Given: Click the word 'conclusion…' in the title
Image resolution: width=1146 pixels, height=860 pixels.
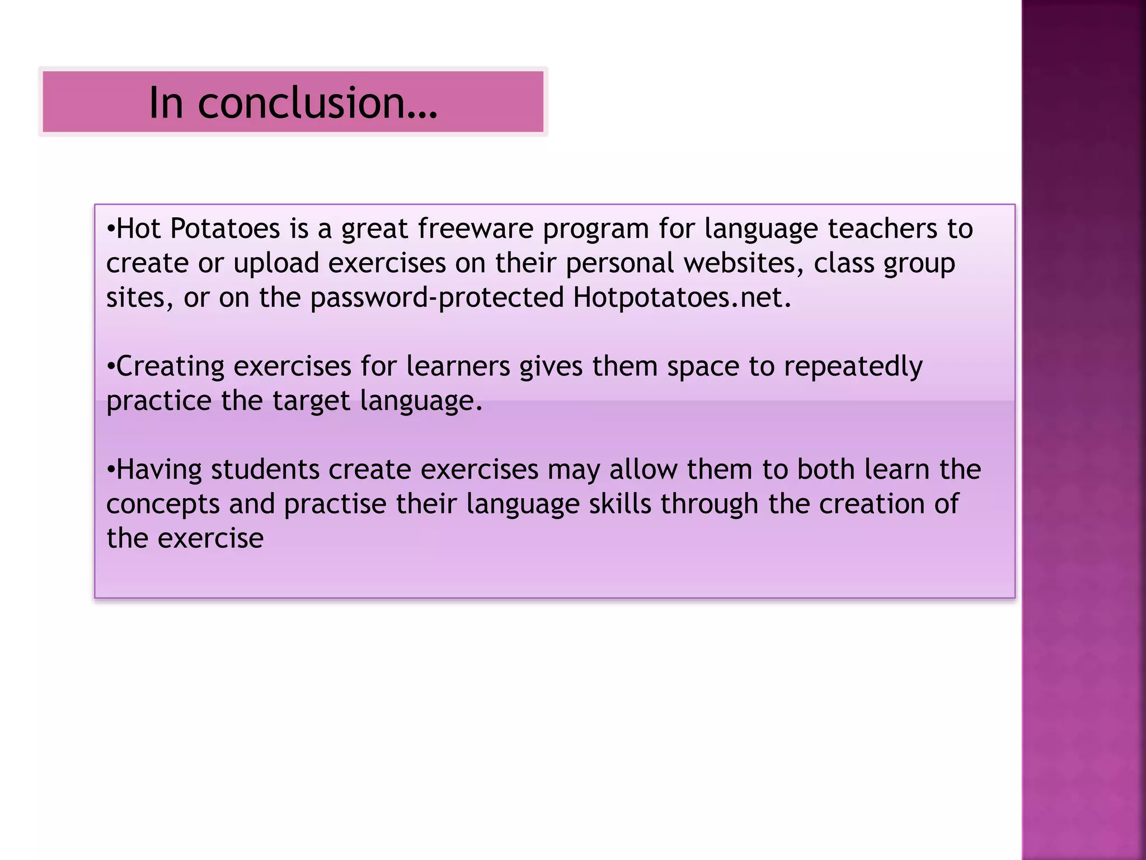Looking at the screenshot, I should (x=317, y=104).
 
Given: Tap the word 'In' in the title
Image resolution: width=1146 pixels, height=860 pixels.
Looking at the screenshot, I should (x=166, y=104).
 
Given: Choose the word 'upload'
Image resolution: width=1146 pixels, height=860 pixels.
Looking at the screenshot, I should (x=276, y=264).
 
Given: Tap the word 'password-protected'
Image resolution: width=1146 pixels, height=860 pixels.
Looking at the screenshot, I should (x=436, y=298).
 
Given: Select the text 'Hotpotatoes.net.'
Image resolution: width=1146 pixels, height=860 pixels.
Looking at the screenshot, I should (x=682, y=298).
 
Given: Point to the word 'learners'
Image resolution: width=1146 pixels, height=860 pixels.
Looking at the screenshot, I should (x=458, y=367).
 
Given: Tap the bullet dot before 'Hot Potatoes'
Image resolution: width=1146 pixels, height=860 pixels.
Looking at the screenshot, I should (x=111, y=229).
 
